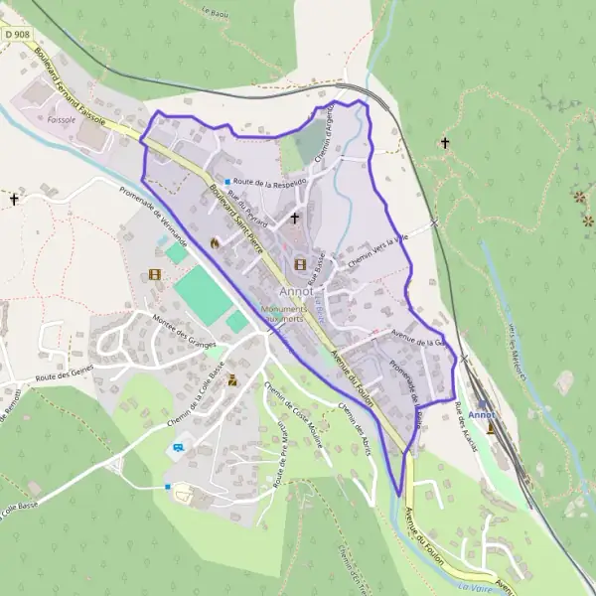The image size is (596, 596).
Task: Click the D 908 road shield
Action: click(x=16, y=33)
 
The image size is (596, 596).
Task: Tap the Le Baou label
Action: click(x=214, y=12)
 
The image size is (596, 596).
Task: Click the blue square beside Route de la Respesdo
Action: click(x=227, y=182)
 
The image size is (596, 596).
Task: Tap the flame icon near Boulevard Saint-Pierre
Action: click(x=213, y=241)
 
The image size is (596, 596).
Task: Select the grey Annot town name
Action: click(x=297, y=292)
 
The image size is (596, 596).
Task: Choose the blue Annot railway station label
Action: click(x=482, y=414)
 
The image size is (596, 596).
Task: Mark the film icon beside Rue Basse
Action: click(x=300, y=264)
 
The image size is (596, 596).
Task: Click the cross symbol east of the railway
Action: click(x=445, y=144)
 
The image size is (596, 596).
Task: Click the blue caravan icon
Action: click(x=178, y=447)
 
